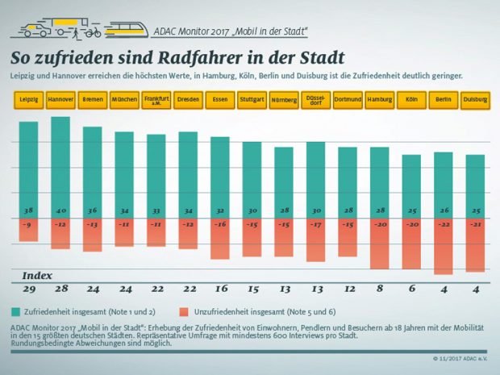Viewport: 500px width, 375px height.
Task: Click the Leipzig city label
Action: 28,99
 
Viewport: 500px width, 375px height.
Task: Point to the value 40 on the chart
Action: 60,210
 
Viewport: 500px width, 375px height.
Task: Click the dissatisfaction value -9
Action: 28,224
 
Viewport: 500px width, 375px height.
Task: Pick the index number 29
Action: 28,289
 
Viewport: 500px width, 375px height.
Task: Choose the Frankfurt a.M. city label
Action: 156,99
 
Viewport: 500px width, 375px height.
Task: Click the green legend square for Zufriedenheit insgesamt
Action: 17,311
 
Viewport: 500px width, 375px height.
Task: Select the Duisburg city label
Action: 475,99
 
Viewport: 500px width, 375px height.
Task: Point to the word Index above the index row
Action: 37,275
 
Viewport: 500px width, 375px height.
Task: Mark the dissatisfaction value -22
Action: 443,224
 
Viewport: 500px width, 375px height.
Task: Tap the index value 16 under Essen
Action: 220,289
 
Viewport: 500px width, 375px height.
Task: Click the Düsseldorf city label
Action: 315,99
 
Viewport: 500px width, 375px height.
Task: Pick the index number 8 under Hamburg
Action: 379,289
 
